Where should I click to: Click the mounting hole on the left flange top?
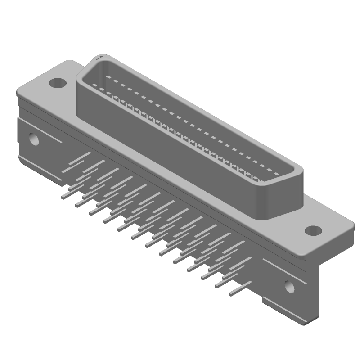[57, 83]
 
